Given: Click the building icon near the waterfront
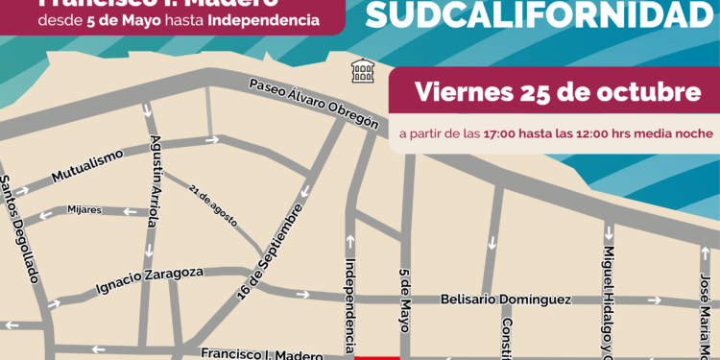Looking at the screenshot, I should tap(362, 69).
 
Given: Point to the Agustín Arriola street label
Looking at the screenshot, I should tap(156, 183).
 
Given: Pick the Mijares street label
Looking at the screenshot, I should tap(84, 209).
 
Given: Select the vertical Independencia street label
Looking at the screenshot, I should tap(349, 302).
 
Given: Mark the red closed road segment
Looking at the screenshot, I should tap(377, 356).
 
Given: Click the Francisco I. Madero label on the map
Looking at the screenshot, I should tap(261, 354).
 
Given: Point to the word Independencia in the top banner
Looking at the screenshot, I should tap(264, 18).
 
